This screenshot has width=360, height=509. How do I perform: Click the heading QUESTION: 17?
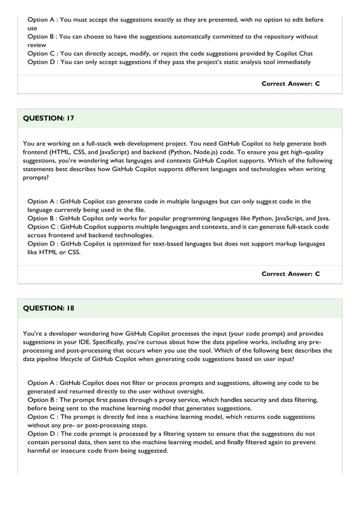click(x=49, y=119)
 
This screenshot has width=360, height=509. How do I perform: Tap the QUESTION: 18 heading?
click(x=49, y=308)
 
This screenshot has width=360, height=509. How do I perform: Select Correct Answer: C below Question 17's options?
click(x=291, y=274)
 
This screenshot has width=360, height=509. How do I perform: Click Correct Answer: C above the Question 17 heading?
click(x=291, y=84)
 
